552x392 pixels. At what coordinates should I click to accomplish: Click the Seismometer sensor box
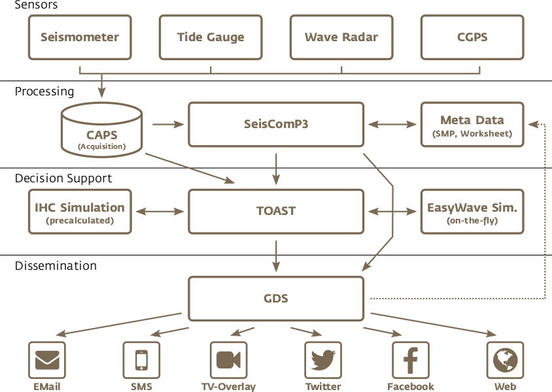click(80, 37)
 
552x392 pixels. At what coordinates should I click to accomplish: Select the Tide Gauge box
click(211, 37)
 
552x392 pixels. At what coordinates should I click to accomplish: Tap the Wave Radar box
click(341, 37)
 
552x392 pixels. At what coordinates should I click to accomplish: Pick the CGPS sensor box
click(472, 37)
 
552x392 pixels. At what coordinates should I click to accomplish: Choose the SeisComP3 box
click(276, 124)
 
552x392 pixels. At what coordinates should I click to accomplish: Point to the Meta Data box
click(472, 124)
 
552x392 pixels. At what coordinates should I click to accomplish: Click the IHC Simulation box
click(80, 212)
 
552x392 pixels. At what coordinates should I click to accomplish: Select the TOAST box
click(276, 212)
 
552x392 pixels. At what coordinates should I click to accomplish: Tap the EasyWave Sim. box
click(472, 212)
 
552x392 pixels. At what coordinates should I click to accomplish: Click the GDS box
click(276, 299)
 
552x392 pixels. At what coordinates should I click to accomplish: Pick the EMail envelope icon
click(47, 360)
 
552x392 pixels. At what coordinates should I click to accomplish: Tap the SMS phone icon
click(141, 360)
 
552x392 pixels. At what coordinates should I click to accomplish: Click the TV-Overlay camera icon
click(228, 360)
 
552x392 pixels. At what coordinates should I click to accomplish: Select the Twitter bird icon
click(323, 360)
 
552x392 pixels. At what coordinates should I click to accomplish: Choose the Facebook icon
click(411, 360)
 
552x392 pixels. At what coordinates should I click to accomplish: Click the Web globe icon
click(506, 360)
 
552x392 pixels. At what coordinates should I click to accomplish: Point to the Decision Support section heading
click(63, 178)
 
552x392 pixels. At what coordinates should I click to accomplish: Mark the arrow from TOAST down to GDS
click(276, 255)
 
